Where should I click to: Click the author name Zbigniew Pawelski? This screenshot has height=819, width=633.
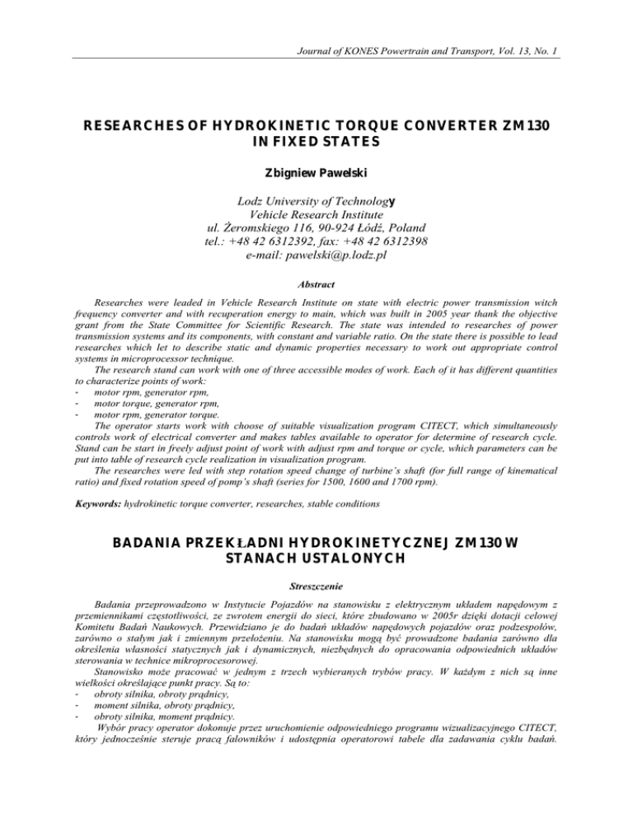coord(316,175)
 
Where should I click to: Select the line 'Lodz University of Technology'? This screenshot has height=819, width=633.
coord(316,197)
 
